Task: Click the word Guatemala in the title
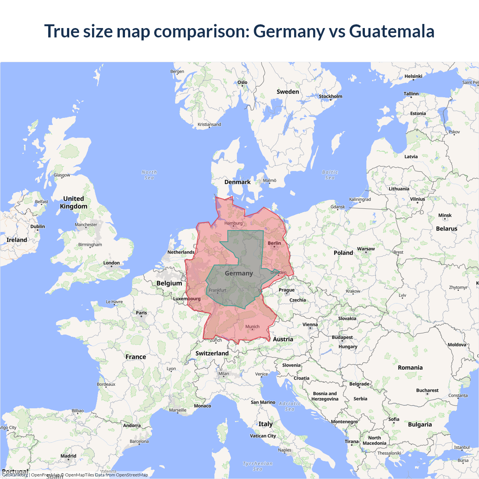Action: (x=391, y=31)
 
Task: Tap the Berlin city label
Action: (x=274, y=243)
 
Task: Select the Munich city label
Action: (x=252, y=327)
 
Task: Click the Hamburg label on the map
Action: (x=234, y=223)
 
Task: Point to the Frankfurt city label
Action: (x=217, y=290)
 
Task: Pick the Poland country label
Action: (x=343, y=253)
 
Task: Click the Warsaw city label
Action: (x=366, y=249)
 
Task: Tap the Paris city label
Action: (x=141, y=313)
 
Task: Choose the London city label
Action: (x=112, y=263)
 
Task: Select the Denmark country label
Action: (x=237, y=182)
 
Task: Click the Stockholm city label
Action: (x=330, y=97)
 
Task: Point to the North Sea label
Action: (x=149, y=175)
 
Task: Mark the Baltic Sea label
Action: (x=330, y=175)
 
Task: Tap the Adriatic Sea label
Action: (x=290, y=406)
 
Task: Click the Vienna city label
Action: (x=310, y=325)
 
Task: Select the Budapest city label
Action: (x=342, y=338)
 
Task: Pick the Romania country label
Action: (x=410, y=368)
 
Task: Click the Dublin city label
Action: (x=37, y=227)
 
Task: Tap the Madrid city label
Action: (x=68, y=456)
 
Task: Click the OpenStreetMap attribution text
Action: (x=132, y=475)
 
